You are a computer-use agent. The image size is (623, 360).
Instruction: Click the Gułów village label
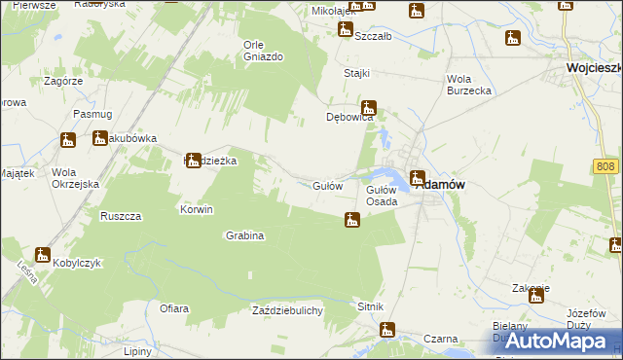(x=327, y=185)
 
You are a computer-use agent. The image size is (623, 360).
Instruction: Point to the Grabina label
(x=245, y=235)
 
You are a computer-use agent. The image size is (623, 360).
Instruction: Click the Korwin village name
(x=196, y=209)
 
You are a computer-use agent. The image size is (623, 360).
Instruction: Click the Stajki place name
(x=357, y=73)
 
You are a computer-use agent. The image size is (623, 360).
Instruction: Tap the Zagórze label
(x=63, y=81)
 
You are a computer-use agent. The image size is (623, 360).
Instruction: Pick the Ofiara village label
(x=174, y=308)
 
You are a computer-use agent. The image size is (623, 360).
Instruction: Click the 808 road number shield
(x=605, y=167)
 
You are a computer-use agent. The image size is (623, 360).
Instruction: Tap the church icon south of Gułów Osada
(x=351, y=222)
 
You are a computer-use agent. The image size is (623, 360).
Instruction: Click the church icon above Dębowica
(x=369, y=108)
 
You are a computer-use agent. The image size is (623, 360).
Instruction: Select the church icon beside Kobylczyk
(x=43, y=255)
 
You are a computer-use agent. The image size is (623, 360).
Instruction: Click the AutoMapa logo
(x=555, y=341)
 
